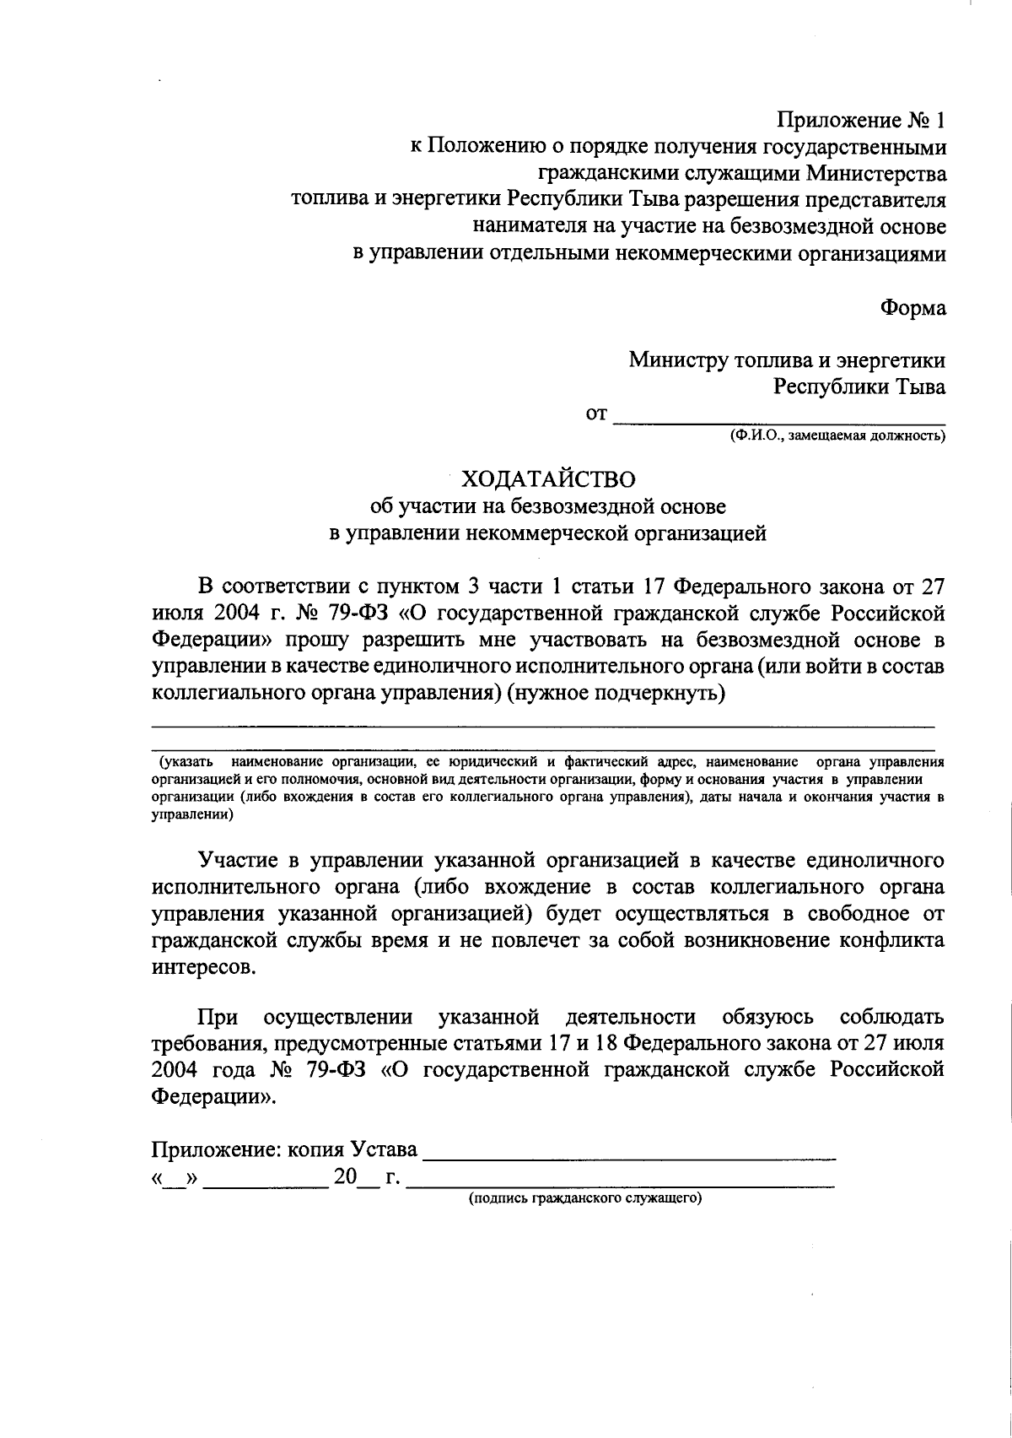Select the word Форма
tap(913, 308)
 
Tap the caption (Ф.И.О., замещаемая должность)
tap(837, 436)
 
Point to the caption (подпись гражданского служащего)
tap(585, 1198)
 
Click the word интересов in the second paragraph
tap(202, 968)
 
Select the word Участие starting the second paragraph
tap(239, 860)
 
